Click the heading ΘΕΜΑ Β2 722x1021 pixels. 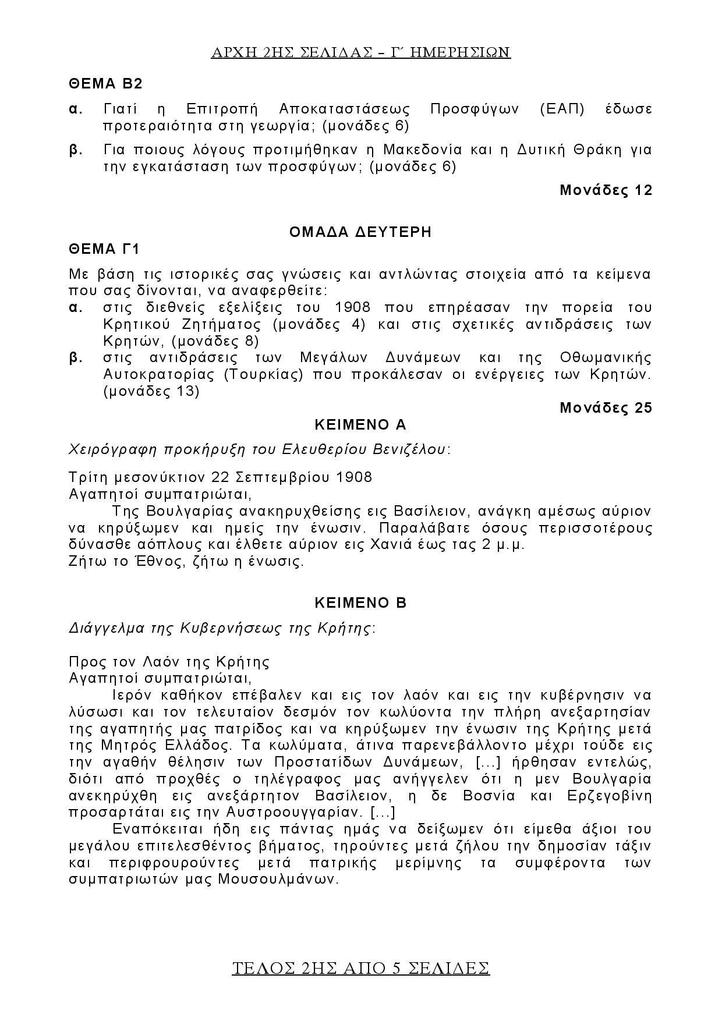point(105,84)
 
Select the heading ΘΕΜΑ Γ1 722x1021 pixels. point(105,249)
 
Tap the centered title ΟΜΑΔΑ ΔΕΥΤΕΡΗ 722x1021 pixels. point(360,232)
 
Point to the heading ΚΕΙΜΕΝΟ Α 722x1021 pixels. point(360,425)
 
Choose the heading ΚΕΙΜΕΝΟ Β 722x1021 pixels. point(360,603)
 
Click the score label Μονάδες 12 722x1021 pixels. point(606,190)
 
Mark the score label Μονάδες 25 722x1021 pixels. point(606,408)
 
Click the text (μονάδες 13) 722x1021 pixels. point(151,391)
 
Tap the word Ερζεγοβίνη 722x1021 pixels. point(609,795)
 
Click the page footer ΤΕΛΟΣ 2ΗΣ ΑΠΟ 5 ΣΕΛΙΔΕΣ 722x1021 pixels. point(360,968)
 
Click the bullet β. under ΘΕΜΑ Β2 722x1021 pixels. point(76,150)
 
